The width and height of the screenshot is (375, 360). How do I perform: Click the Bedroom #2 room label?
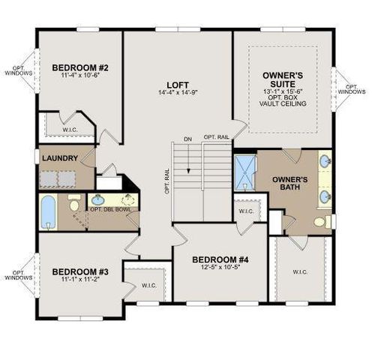(x=80, y=67)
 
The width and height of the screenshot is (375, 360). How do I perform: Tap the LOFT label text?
(x=178, y=85)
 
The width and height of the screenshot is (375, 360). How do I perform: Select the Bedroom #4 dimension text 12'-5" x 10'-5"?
(x=220, y=267)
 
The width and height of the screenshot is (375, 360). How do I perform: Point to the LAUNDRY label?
(x=60, y=158)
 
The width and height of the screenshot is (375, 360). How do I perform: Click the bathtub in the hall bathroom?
(x=48, y=212)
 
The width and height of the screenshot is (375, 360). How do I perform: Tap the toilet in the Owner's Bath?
(x=322, y=221)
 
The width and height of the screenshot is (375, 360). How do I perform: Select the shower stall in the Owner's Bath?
(x=245, y=172)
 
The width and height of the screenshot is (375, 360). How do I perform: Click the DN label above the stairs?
(x=187, y=139)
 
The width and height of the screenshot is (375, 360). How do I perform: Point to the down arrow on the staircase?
(x=188, y=158)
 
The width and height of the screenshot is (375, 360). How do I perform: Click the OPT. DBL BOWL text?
(x=110, y=209)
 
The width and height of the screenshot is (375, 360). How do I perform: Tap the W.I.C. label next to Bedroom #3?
(x=149, y=286)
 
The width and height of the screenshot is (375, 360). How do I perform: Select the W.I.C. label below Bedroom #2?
(x=70, y=130)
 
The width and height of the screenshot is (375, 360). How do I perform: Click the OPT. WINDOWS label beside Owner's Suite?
(x=352, y=89)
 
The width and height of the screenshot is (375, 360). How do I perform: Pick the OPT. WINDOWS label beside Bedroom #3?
(x=19, y=275)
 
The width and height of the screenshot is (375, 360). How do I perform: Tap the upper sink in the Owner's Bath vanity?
(x=325, y=159)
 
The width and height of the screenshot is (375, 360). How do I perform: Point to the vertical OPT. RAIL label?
(x=167, y=181)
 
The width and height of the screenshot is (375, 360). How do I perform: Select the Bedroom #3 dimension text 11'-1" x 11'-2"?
(x=80, y=279)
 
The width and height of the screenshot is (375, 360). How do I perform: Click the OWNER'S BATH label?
(x=290, y=183)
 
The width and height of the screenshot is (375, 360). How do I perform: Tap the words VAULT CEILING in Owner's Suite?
(x=283, y=103)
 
